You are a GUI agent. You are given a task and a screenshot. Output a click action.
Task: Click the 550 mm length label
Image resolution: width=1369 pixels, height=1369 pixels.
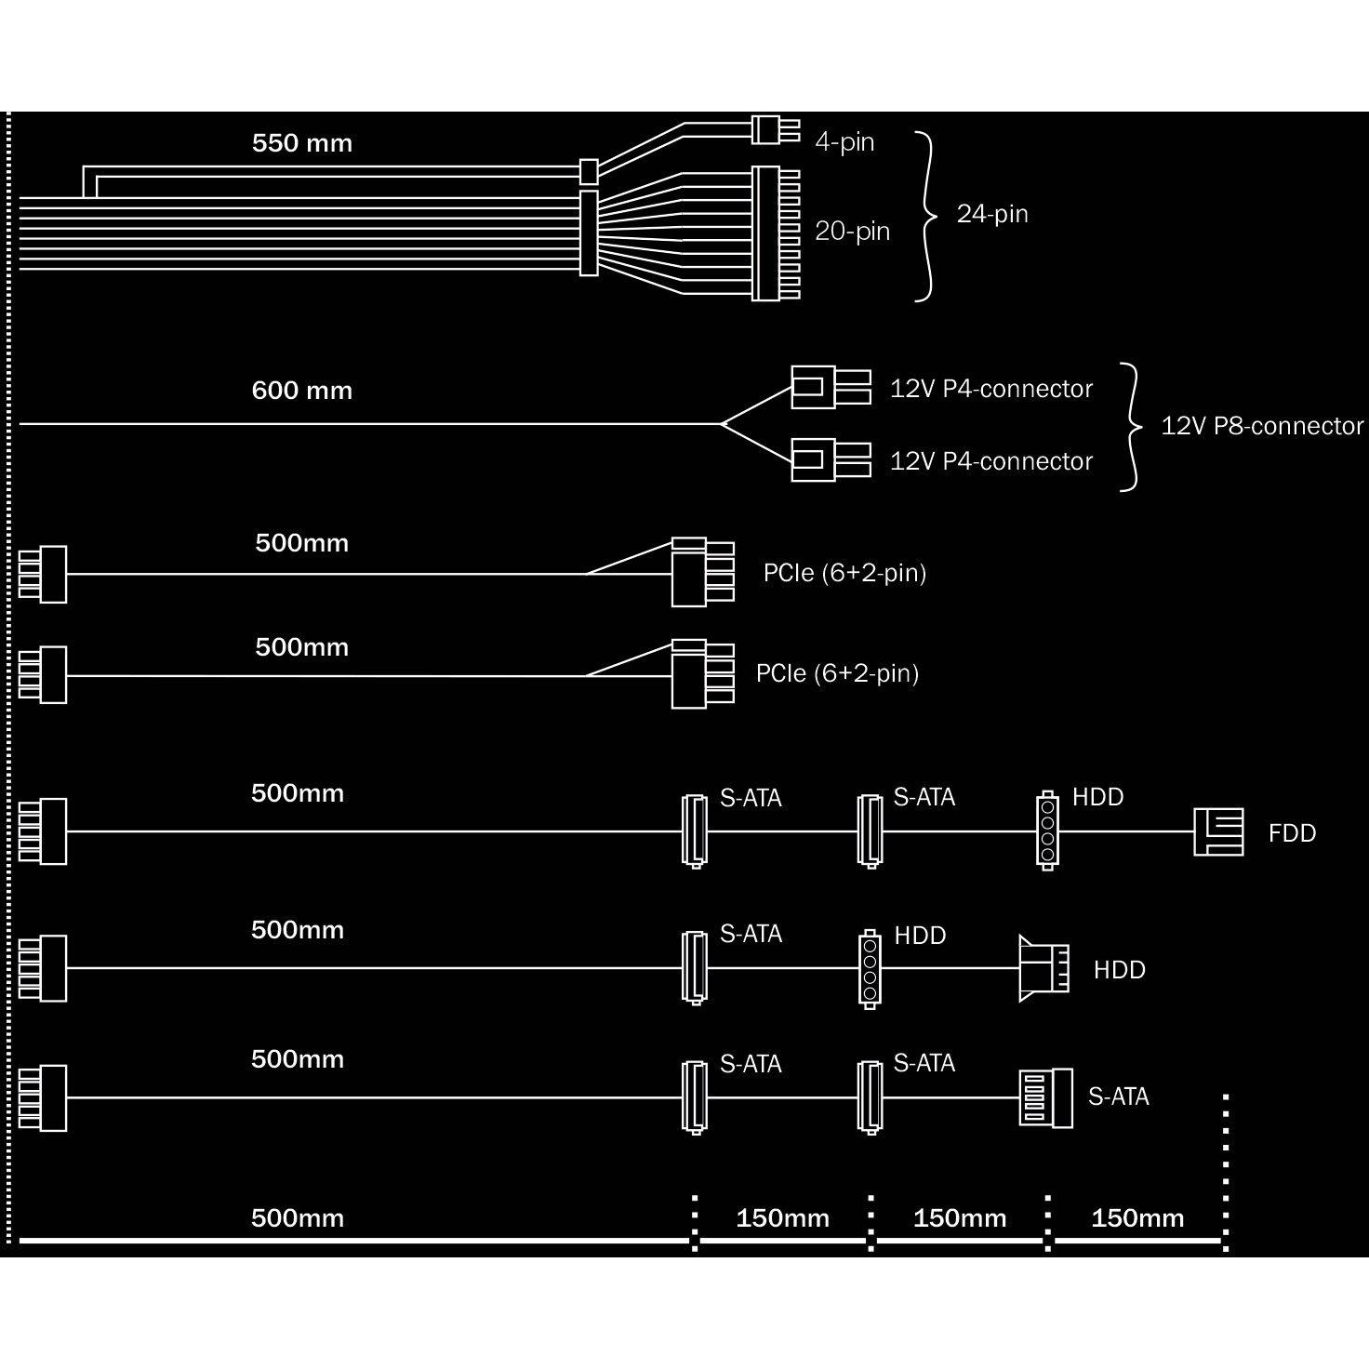point(302,143)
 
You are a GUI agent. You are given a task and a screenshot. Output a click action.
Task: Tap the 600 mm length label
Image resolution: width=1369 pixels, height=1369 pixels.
point(302,391)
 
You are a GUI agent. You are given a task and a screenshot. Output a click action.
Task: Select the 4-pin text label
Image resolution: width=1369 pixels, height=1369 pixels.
point(844,142)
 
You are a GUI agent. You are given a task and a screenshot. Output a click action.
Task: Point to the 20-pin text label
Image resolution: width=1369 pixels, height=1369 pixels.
point(853,231)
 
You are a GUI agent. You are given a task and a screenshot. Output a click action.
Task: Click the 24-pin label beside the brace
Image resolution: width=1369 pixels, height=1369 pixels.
point(992,214)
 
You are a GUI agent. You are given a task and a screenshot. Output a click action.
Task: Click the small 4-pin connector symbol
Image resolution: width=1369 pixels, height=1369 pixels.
point(776,131)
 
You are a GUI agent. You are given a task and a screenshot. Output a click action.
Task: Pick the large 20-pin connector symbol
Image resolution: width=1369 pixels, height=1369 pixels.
point(776,233)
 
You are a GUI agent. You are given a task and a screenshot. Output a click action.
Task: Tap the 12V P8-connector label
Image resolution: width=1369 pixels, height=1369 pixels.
point(1262,426)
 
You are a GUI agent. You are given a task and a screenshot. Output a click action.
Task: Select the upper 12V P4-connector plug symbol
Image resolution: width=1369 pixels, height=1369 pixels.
point(831,387)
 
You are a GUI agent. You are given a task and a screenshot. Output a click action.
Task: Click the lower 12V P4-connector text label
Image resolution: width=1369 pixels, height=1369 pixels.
point(991,462)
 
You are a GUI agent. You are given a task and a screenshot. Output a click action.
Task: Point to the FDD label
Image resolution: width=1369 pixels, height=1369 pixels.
point(1293,832)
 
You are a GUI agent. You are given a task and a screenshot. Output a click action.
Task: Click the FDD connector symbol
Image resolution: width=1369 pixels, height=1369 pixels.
point(1218,832)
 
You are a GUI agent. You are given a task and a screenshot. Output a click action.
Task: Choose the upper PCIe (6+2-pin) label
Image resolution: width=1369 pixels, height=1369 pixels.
point(844,573)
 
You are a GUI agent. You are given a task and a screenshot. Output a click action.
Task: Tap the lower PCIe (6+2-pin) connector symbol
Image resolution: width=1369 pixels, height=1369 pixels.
point(702,674)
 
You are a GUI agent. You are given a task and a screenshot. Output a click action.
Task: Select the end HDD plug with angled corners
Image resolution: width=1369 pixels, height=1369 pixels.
point(1043,968)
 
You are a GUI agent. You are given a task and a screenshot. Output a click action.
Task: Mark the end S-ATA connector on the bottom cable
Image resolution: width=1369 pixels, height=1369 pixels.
point(1045,1097)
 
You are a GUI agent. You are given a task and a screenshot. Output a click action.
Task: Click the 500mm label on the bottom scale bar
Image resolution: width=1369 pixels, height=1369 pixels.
point(298,1218)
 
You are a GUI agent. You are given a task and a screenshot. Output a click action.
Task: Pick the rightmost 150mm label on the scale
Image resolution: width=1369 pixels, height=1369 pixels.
point(1137,1218)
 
